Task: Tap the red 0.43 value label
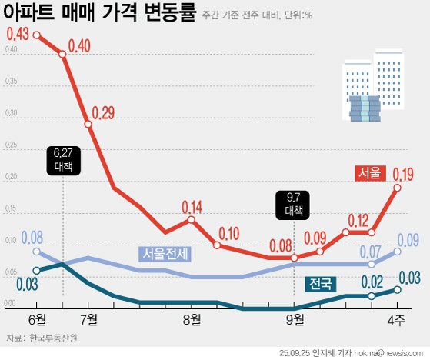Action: pos(18,35)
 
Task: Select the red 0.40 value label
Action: pos(80,46)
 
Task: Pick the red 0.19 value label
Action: pos(405,173)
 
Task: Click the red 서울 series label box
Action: pos(368,174)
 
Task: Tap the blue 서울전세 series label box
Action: pos(165,253)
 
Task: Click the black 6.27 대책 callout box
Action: pos(62,159)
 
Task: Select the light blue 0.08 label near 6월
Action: pos(32,237)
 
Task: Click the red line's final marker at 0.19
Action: pos(398,187)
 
